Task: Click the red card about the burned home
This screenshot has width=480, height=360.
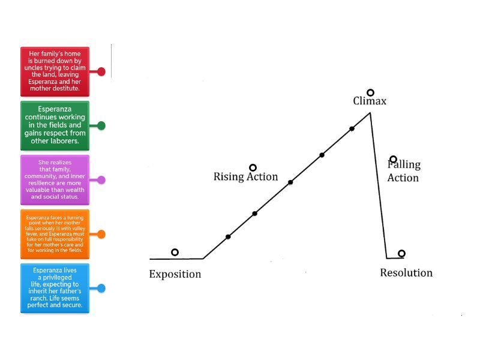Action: [55, 71]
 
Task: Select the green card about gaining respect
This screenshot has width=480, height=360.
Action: [55, 125]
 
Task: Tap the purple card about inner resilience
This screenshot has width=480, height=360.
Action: [55, 179]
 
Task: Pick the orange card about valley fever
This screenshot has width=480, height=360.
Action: [55, 234]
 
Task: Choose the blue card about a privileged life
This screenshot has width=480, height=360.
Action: [55, 288]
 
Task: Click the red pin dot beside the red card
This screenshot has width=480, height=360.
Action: [101, 72]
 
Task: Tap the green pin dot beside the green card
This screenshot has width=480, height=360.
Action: [101, 125]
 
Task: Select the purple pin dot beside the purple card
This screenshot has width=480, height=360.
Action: [101, 180]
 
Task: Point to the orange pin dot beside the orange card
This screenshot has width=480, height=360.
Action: [101, 234]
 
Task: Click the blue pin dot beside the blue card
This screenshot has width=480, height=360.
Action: [101, 288]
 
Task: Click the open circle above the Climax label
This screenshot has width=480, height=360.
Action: [371, 92]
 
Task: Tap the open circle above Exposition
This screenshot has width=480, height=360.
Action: [175, 253]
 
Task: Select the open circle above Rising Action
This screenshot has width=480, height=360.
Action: [253, 167]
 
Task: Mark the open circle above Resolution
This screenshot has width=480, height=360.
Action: [401, 253]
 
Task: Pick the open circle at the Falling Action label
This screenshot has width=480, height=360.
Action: [393, 159]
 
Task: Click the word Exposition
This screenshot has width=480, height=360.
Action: [175, 274]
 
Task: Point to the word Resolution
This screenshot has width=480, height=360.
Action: [406, 273]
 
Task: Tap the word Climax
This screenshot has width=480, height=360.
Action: [370, 101]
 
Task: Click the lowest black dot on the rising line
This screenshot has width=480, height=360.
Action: [228, 236]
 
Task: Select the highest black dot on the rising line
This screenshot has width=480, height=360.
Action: [352, 128]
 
